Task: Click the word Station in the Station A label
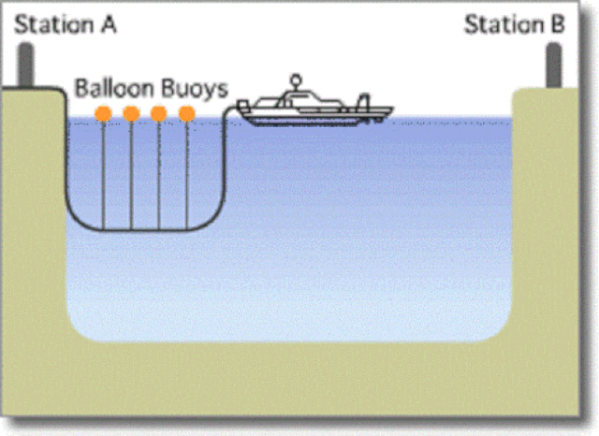pyautogui.click(x=54, y=25)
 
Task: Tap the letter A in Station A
pyautogui.click(x=109, y=25)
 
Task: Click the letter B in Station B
pyautogui.click(x=557, y=25)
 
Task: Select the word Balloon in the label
pyautogui.click(x=114, y=88)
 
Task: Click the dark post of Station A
pyautogui.click(x=26, y=65)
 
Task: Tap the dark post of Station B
pyautogui.click(x=554, y=65)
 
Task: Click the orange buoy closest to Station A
pyautogui.click(x=103, y=113)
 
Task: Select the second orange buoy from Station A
pyautogui.click(x=131, y=113)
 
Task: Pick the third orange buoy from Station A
pyautogui.click(x=159, y=113)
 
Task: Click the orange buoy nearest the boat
pyautogui.click(x=187, y=113)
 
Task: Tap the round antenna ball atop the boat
pyautogui.click(x=296, y=80)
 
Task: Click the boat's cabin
pyautogui.click(x=301, y=101)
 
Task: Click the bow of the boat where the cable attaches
pyautogui.click(x=241, y=106)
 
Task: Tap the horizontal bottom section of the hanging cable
pyautogui.click(x=145, y=229)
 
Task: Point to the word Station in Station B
pyautogui.click(x=504, y=25)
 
